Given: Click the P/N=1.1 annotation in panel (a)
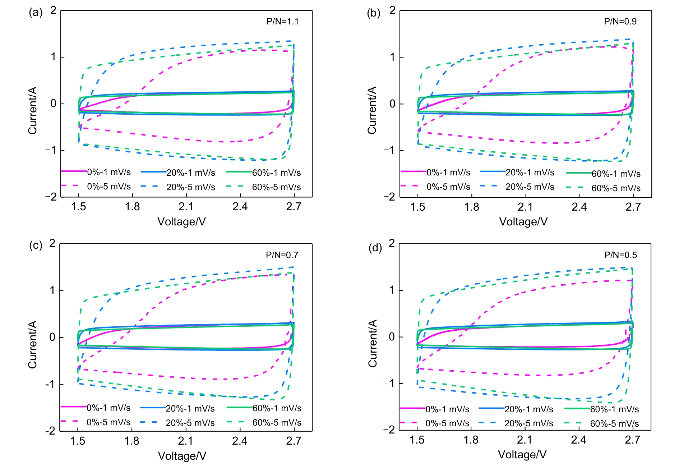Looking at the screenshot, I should pyautogui.click(x=282, y=22).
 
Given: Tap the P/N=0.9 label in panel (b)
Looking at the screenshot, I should pyautogui.click(x=620, y=22).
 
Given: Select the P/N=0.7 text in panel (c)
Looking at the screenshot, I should pyautogui.click(x=282, y=255).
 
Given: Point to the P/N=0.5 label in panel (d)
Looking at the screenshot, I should pyautogui.click(x=620, y=255).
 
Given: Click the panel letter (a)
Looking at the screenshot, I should pyautogui.click(x=36, y=13).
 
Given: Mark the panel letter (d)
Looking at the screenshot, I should pyautogui.click(x=375, y=248).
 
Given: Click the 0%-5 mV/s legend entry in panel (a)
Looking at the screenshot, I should pyautogui.click(x=109, y=187).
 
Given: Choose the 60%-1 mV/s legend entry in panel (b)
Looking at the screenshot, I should pyautogui.click(x=616, y=174).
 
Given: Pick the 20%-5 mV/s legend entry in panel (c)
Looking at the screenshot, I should pyautogui.click(x=190, y=423).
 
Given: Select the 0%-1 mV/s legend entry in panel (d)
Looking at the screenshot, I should pyautogui.click(x=447, y=409).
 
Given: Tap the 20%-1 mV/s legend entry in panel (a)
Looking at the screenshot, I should pyautogui.click(x=190, y=173).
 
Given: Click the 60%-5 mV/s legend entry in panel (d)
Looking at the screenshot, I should pyautogui.click(x=614, y=424).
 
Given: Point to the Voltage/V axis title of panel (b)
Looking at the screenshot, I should pyautogui.click(x=523, y=222).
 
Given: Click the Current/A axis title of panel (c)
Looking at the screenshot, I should pyautogui.click(x=33, y=344).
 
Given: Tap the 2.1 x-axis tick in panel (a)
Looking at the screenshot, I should pyautogui.click(x=186, y=207).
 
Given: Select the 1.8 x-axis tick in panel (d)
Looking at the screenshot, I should pyautogui.click(x=471, y=440).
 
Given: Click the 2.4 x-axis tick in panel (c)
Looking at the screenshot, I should pyautogui.click(x=239, y=441).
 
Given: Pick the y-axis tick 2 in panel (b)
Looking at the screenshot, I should pyautogui.click(x=392, y=10).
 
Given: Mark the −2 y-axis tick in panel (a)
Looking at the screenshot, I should pyautogui.click(x=51, y=197).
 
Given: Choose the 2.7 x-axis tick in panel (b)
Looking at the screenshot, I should pyautogui.click(x=633, y=207).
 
